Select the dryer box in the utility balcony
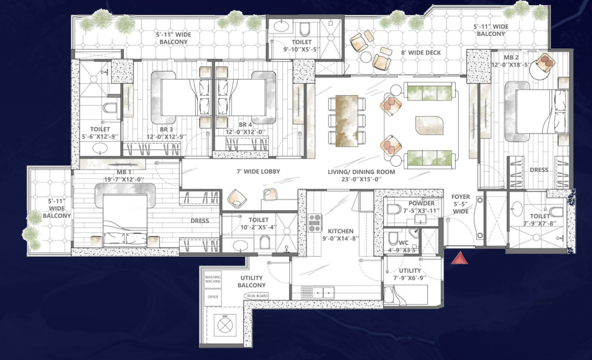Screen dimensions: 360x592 (213, 297)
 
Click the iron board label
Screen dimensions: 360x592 (257, 296)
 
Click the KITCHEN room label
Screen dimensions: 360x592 (340, 229)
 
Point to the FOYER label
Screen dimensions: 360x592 (461, 197)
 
